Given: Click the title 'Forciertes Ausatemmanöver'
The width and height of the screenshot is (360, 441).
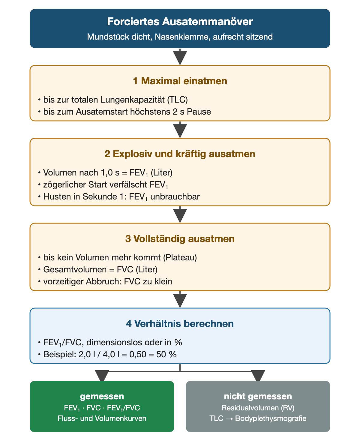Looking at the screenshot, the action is click(x=180, y=22).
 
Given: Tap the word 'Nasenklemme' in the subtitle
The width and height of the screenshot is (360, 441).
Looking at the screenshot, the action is click(x=182, y=37).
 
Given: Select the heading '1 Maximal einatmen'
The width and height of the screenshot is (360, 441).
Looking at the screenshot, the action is click(x=180, y=81).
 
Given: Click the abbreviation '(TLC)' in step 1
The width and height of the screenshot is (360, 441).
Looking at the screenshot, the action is click(x=177, y=100).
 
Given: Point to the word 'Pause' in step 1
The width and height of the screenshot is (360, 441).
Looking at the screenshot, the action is click(x=199, y=112).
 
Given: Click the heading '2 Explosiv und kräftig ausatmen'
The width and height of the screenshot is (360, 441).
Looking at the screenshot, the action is click(x=180, y=154).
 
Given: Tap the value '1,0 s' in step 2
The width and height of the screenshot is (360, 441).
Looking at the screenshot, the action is click(x=110, y=173).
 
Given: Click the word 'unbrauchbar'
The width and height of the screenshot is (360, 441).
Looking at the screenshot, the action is click(x=175, y=196).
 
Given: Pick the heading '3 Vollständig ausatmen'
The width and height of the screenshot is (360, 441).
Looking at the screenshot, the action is click(x=180, y=239).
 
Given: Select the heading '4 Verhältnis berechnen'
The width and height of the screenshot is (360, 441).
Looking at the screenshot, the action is click(x=180, y=324).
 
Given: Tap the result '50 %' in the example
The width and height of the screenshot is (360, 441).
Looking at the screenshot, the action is click(x=166, y=354).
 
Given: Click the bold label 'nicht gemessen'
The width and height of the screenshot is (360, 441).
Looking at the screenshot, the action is click(x=258, y=397).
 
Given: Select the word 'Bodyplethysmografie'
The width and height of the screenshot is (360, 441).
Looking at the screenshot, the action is click(x=271, y=418).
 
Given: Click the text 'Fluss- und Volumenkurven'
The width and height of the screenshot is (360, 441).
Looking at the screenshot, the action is click(x=102, y=418).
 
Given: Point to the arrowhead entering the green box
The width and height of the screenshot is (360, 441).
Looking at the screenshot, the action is click(x=102, y=376).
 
